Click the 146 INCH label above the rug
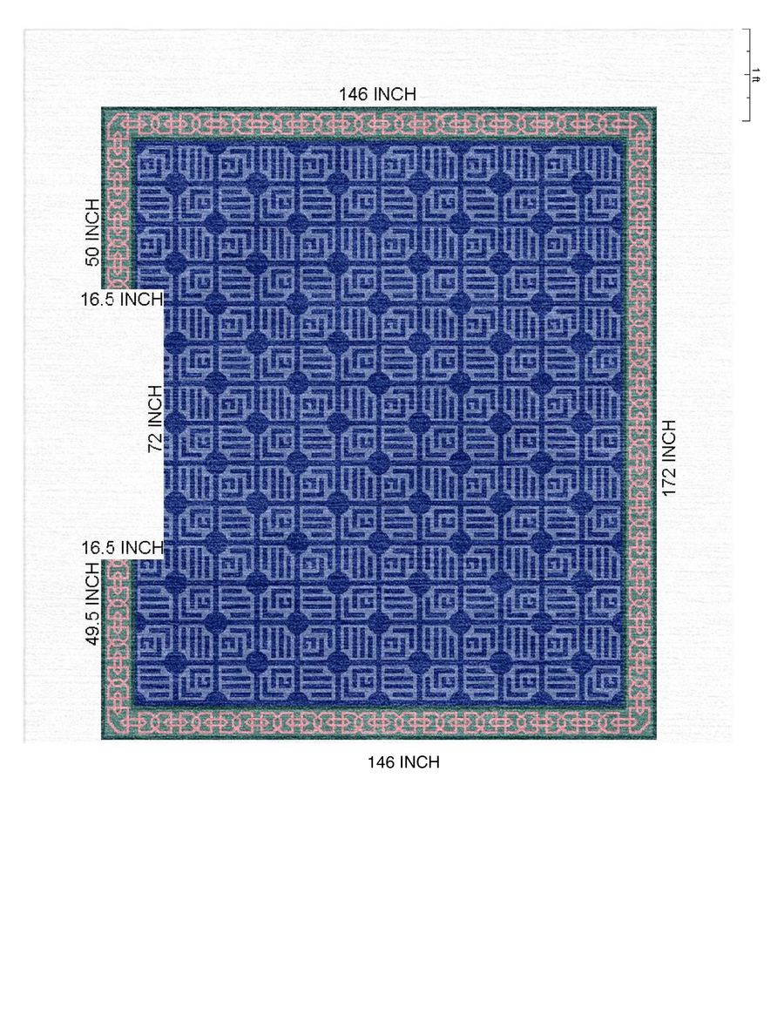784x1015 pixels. click(x=377, y=94)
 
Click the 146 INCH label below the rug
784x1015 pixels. click(x=403, y=762)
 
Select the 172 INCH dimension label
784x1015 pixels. click(x=669, y=458)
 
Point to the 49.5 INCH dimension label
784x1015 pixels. click(x=91, y=603)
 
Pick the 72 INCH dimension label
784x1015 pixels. click(x=155, y=419)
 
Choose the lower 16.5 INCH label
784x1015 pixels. click(x=122, y=548)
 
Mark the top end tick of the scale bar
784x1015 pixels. click(x=746, y=30)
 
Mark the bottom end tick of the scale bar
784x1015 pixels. click(x=746, y=120)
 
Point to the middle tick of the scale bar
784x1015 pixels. click(x=746, y=75)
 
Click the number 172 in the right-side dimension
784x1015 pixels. click(x=669, y=480)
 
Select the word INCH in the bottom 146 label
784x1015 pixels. click(x=419, y=762)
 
